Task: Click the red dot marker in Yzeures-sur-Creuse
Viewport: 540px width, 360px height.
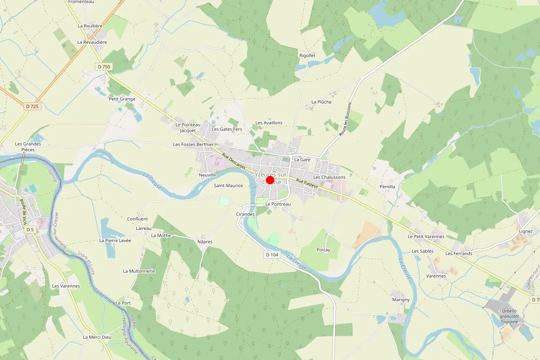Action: pyautogui.click(x=270, y=180)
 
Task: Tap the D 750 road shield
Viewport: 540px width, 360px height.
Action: pyautogui.click(x=103, y=67)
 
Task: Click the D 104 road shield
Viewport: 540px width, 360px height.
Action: pyautogui.click(x=272, y=255)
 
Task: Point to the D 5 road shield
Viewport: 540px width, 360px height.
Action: pyautogui.click(x=30, y=229)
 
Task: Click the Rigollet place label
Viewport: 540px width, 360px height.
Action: pyautogui.click(x=307, y=55)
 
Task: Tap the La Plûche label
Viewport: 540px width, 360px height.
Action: pyautogui.click(x=321, y=102)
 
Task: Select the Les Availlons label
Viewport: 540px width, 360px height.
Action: pyautogui.click(x=269, y=123)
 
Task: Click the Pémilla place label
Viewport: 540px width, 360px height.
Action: pyautogui.click(x=387, y=186)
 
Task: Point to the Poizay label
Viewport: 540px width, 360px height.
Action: pyautogui.click(x=323, y=250)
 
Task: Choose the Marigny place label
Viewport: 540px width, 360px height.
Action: pyautogui.click(x=400, y=300)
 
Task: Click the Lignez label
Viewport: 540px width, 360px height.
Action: pyautogui.click(x=526, y=231)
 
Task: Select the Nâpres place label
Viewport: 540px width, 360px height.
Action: pyautogui.click(x=205, y=242)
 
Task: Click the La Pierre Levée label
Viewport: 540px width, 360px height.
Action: pyautogui.click(x=115, y=240)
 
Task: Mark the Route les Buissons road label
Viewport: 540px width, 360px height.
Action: pyautogui.click(x=346, y=122)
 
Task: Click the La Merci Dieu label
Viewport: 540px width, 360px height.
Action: pyautogui.click(x=97, y=337)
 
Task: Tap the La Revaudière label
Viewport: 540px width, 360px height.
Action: pyautogui.click(x=92, y=42)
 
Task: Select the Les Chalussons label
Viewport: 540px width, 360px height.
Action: pyautogui.click(x=329, y=177)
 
